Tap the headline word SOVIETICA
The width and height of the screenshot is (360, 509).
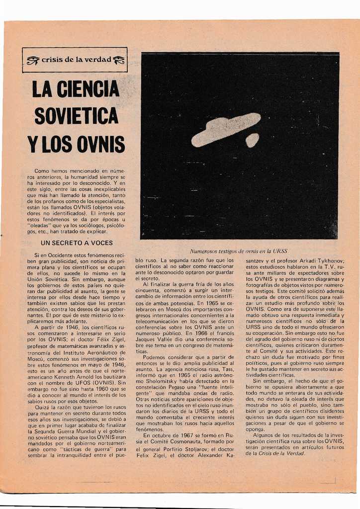[x=76, y=116]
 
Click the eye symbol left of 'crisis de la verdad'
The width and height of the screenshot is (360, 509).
[x=33, y=60]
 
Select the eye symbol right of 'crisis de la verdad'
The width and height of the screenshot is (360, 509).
[x=119, y=60]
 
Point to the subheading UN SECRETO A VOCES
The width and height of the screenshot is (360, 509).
[x=76, y=243]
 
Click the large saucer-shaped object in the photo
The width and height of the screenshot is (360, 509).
[x=226, y=129]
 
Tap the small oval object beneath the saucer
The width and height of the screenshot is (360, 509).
[x=252, y=140]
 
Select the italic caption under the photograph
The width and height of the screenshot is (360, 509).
[x=239, y=251]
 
